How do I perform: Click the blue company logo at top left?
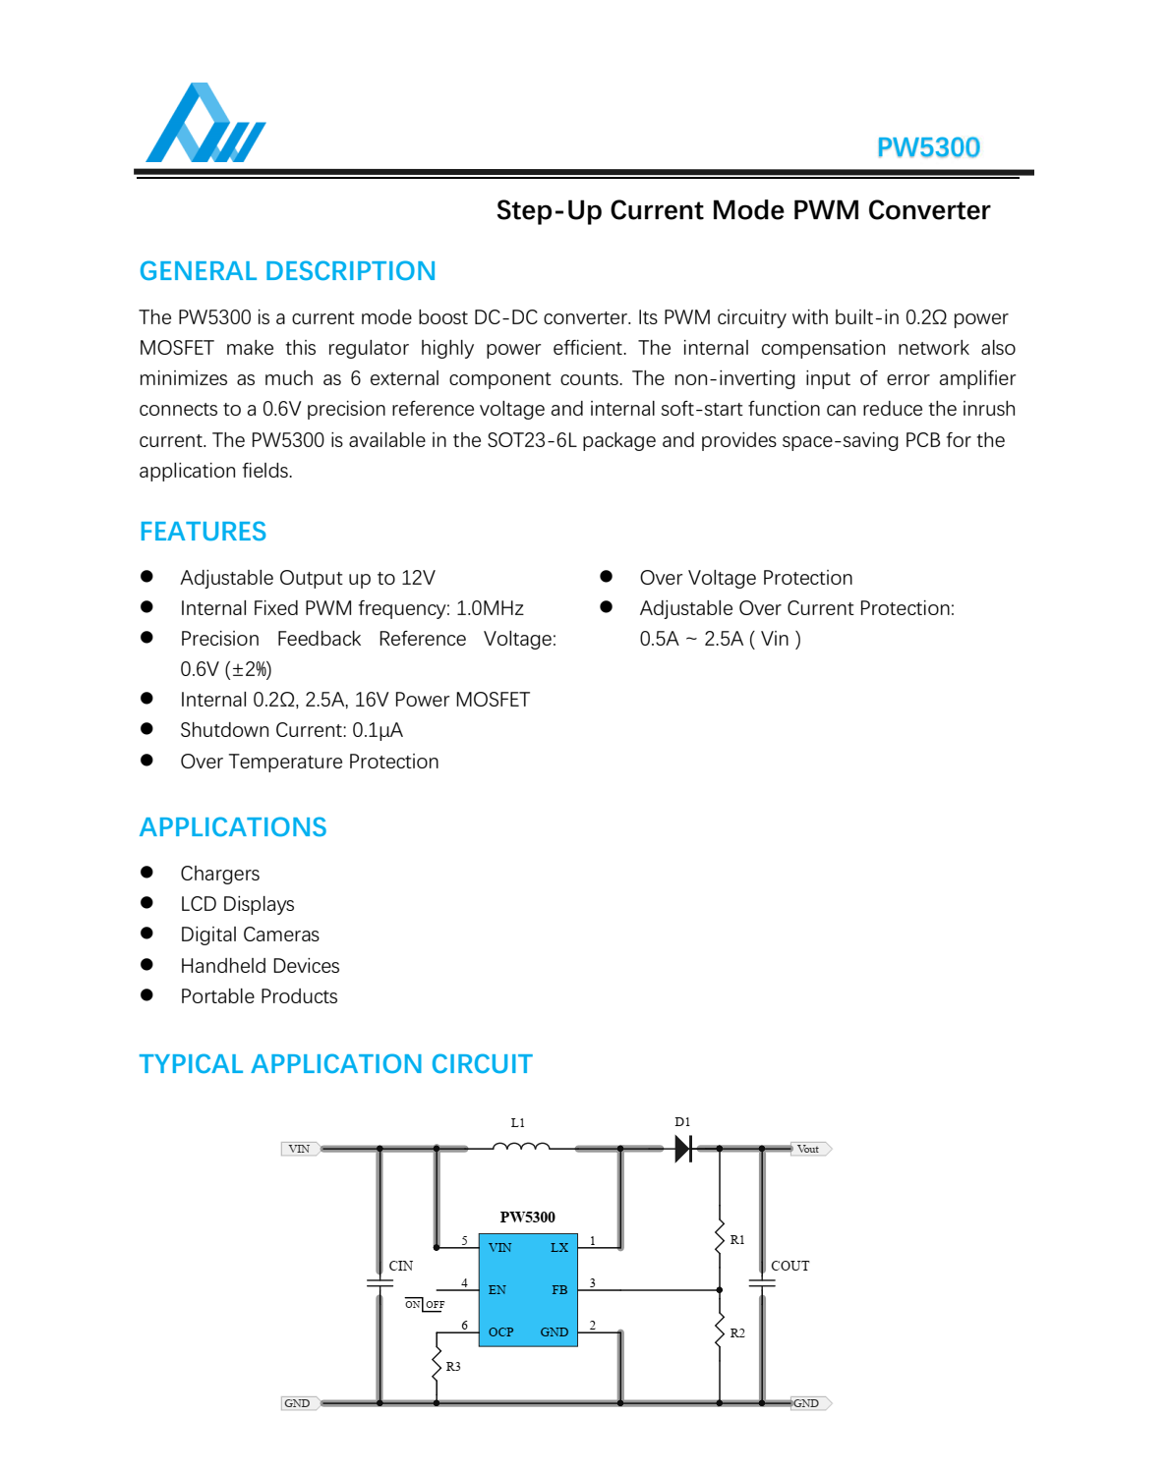pos(205,125)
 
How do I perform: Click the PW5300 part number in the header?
pos(927,147)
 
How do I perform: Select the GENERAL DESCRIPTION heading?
pos(287,271)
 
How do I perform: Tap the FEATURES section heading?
pos(203,532)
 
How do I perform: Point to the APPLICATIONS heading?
pos(233,827)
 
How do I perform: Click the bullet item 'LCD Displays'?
pos(237,904)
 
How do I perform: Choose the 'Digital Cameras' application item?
pos(250,935)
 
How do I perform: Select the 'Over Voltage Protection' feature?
pos(745,578)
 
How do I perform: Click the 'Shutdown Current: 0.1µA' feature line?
pos(291,730)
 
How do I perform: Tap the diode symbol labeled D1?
pos(683,1149)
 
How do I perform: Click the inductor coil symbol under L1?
pos(520,1146)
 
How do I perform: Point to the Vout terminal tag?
pos(809,1149)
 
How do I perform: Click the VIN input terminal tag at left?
pos(299,1149)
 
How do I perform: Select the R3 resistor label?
pos(453,1367)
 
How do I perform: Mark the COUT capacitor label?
pos(789,1266)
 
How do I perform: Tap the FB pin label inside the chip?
pos(559,1290)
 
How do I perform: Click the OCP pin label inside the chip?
pos(501,1332)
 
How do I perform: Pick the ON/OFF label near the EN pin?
pos(425,1305)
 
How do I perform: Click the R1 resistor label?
pos(737,1240)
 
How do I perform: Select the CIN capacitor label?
pos(401,1266)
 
